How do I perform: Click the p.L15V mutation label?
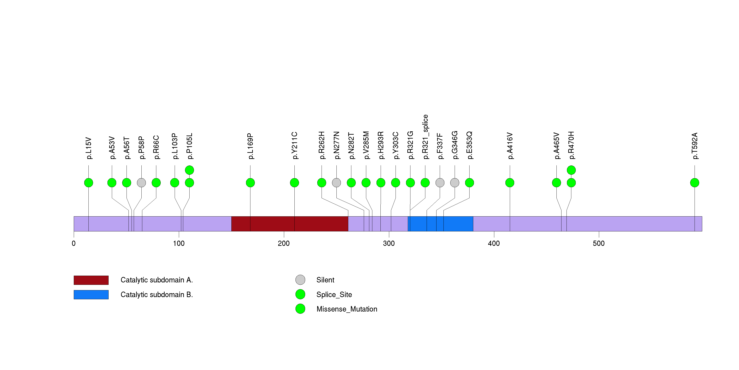(x=89, y=148)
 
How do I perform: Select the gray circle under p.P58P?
(x=141, y=183)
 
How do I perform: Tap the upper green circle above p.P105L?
(x=189, y=170)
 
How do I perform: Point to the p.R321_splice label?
(x=425, y=137)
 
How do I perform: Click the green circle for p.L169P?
(x=250, y=183)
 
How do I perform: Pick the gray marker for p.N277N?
(x=336, y=183)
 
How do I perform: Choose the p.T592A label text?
(x=695, y=146)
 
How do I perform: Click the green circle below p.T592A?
(x=695, y=183)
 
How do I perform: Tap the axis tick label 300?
(x=389, y=243)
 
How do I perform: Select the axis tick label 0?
(x=74, y=243)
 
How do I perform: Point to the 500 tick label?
(x=599, y=243)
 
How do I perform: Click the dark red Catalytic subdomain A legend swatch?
(x=91, y=280)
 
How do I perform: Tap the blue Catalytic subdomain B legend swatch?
(x=91, y=294)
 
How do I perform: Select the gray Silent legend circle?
(x=300, y=280)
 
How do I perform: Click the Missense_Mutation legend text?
(x=347, y=309)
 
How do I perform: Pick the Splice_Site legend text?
(x=334, y=294)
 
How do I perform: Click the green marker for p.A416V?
(x=510, y=183)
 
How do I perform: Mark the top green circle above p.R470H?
(x=571, y=170)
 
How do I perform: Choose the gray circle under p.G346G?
(x=455, y=183)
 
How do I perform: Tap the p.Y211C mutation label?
(x=295, y=145)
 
